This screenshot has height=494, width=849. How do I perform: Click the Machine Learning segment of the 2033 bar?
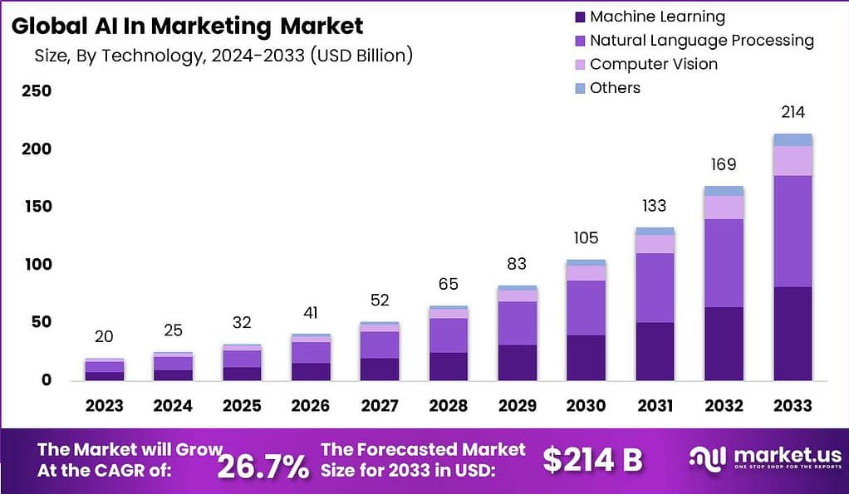792,334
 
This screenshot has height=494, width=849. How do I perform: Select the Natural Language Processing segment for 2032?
724,263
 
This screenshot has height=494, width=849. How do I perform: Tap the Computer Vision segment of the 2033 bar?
792,161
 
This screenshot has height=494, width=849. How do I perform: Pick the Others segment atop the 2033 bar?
792,139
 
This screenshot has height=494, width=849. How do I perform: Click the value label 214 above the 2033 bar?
792,112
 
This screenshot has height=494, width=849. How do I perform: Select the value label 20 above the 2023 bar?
104,336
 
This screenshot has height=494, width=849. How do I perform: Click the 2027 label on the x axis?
379,405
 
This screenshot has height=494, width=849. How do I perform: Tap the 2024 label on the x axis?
173,405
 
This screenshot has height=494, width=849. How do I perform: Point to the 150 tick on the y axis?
37,207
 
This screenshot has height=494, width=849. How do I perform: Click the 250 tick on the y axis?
37,91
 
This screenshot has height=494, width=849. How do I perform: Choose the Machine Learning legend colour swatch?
578,17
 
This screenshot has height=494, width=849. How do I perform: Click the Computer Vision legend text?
653,64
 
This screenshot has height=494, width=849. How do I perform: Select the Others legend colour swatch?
578,88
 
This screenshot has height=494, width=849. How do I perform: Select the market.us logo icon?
708,459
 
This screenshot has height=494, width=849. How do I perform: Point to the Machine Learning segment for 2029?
518,363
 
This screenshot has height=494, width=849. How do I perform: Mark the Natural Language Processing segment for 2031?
655,288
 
